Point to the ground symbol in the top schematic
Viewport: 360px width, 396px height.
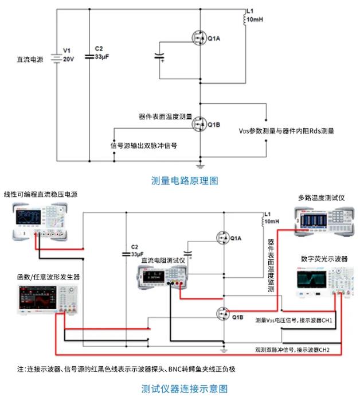tap(201, 165)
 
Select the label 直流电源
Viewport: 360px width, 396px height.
tap(30, 59)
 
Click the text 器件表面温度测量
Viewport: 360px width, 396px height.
tap(165, 116)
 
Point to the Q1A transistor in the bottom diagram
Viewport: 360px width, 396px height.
tap(223, 237)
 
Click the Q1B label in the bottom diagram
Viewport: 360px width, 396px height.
tap(238, 316)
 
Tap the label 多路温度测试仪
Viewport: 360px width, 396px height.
tap(320, 197)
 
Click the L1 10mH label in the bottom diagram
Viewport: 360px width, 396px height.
tap(271, 219)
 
